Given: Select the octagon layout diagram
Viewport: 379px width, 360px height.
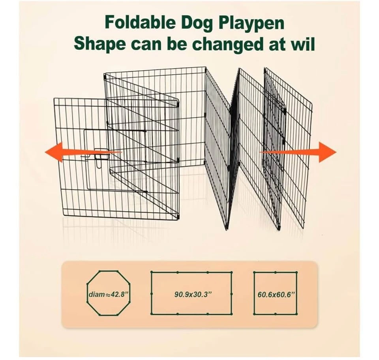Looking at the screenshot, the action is click(109, 293).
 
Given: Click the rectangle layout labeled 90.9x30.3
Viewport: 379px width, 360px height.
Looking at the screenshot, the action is click(191, 293).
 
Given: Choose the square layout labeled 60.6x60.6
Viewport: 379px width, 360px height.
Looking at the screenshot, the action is click(275, 293).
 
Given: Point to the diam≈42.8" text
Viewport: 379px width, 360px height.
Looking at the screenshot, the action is click(108, 295).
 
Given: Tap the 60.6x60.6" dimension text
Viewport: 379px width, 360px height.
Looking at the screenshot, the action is click(276, 295).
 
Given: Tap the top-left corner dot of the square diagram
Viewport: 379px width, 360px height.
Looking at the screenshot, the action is click(254, 272).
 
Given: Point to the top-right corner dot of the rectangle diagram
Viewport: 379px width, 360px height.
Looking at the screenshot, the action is click(231, 272).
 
